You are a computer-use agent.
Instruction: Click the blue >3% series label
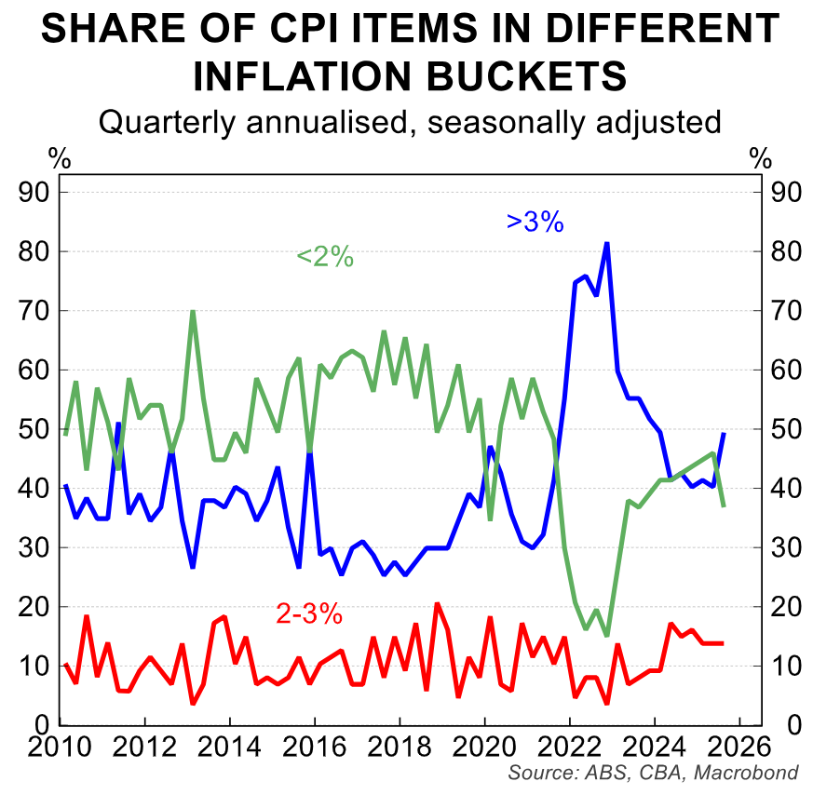tap(535, 222)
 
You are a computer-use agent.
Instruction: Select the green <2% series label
tap(324, 257)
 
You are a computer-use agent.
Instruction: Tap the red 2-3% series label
tap(309, 614)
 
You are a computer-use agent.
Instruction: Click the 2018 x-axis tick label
tap(400, 748)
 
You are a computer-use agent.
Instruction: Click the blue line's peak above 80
tap(606, 243)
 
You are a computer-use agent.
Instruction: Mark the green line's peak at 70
tap(192, 311)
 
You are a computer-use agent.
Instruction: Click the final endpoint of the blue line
tap(724, 433)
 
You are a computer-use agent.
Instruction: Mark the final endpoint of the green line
tap(724, 505)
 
